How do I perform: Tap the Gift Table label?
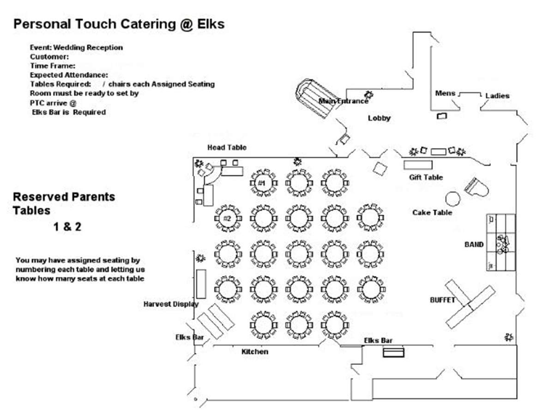point(426,178)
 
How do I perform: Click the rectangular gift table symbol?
point(418,165)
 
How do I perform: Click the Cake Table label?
point(432,213)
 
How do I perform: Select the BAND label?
point(474,244)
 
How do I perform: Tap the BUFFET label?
point(442,300)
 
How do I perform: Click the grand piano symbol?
point(476,187)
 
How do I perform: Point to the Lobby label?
point(379,118)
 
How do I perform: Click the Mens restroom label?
point(445,93)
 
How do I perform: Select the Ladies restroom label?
point(497,96)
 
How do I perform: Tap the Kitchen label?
point(255,351)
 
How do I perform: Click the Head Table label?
point(227,148)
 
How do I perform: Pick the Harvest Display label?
point(171,304)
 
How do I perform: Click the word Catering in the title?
point(148,24)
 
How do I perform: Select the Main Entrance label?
point(343,101)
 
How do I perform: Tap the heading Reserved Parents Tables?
point(64,204)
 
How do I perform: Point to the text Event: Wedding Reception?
point(76,47)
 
